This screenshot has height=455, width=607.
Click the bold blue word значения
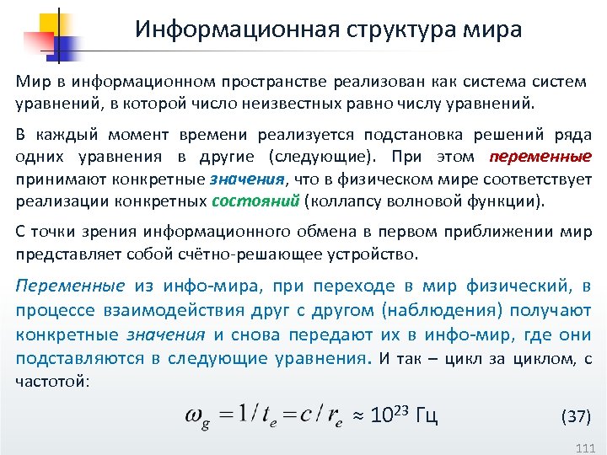[x=248, y=179]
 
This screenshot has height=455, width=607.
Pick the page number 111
[x=584, y=446]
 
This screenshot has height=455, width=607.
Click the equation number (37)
[x=576, y=416]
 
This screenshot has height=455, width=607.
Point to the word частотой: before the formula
[x=51, y=381]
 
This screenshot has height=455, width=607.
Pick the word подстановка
[x=398, y=136]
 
